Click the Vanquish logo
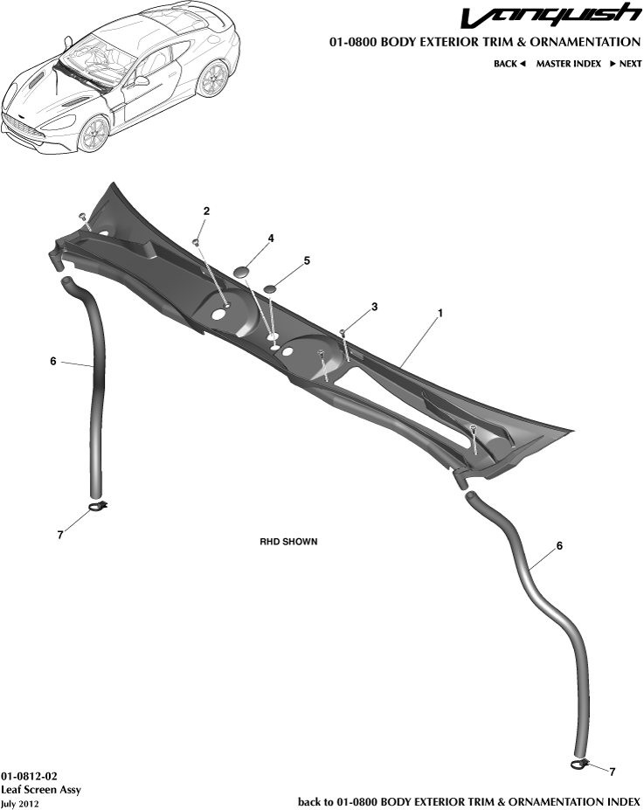tap(551, 16)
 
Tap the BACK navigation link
tap(509, 64)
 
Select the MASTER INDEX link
tap(569, 64)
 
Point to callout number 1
tap(440, 313)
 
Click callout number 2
tap(206, 211)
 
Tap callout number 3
tap(374, 307)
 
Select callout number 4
tap(271, 239)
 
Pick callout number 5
tap(307, 261)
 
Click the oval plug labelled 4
tap(242, 271)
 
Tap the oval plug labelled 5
tap(271, 288)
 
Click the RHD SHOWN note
tap(288, 542)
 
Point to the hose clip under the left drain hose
tap(99, 506)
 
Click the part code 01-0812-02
tap(29, 777)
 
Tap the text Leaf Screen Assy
tap(41, 789)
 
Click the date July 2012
tap(19, 804)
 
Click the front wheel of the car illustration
tap(94, 133)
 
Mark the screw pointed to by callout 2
tap(196, 241)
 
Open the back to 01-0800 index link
tap(469, 802)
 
